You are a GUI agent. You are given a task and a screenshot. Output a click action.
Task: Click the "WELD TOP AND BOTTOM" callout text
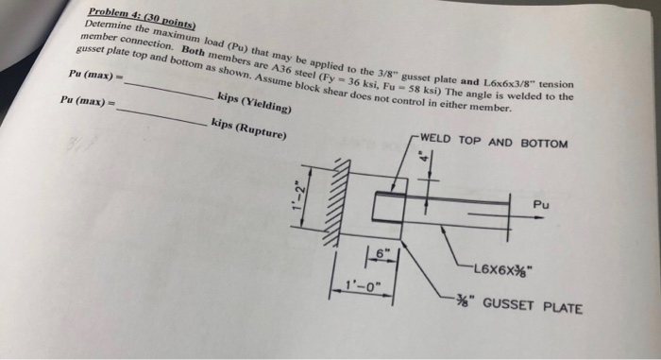(494, 142)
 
